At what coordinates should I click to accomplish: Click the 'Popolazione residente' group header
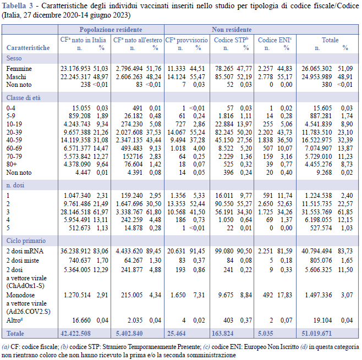click(x=111, y=30)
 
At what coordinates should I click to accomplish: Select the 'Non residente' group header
click(x=232, y=30)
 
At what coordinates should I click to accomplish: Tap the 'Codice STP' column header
click(x=231, y=40)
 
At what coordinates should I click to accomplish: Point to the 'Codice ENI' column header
click(x=275, y=40)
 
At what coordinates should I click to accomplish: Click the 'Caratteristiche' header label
click(x=28, y=47)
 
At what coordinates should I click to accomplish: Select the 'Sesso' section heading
click(x=14, y=58)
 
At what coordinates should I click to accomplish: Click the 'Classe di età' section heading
click(x=23, y=98)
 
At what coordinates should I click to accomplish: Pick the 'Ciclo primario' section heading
click(x=26, y=241)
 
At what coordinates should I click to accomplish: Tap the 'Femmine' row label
click(x=19, y=69)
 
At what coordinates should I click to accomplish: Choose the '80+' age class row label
click(x=12, y=164)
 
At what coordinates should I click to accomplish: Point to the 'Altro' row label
click(x=14, y=320)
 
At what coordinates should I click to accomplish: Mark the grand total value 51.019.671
click(x=316, y=334)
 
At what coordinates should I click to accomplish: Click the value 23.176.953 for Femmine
click(x=75, y=69)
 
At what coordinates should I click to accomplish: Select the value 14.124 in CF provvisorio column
click(x=177, y=77)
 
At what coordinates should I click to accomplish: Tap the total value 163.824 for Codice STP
click(x=223, y=334)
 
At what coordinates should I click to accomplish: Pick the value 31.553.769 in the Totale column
click(x=316, y=212)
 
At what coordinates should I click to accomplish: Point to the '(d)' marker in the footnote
click(x=304, y=347)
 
